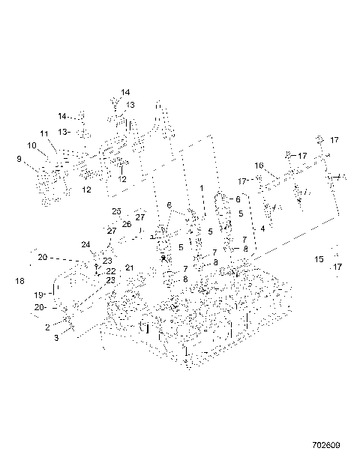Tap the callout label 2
[47, 327]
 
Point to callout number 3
[57, 339]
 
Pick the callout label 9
[19, 158]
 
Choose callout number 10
[32, 145]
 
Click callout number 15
[319, 259]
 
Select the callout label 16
[259, 166]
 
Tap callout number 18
[19, 281]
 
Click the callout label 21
[129, 267]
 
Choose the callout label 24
[85, 244]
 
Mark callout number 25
[116, 211]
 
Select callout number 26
[127, 223]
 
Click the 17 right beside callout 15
[337, 267]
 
